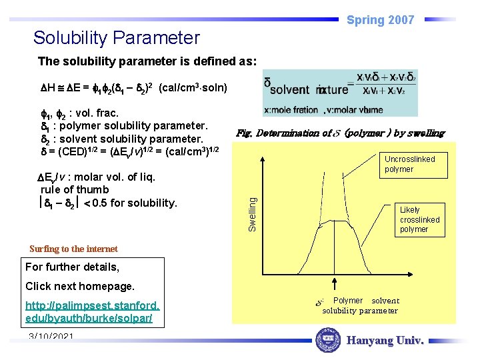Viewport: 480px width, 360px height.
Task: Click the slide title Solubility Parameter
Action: coord(116,37)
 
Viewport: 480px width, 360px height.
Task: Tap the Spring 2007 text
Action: coord(380,20)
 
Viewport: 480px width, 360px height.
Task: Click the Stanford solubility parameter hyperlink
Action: coord(93,312)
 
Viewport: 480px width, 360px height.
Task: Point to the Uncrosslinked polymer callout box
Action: coord(409,164)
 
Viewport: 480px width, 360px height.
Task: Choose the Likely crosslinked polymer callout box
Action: coord(419,219)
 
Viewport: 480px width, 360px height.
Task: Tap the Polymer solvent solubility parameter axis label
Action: coord(360,305)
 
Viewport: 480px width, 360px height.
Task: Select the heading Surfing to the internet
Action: coord(73,249)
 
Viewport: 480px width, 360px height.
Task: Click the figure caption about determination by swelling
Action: coord(340,133)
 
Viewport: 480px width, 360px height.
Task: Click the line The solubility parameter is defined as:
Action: coord(147,61)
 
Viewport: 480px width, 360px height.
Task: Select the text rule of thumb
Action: coord(70,189)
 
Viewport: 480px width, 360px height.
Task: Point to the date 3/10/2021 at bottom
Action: coord(51,337)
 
